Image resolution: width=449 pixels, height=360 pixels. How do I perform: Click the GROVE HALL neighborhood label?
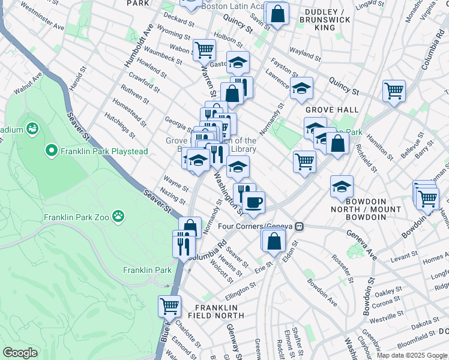(x=332, y=110)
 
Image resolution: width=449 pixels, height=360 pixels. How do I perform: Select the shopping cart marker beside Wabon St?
(x=204, y=49)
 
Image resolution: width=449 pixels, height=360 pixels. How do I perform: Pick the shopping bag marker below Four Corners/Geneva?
(x=274, y=241)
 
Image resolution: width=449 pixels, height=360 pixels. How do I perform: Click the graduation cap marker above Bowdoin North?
(x=342, y=186)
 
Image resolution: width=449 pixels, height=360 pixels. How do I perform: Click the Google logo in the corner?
(x=20, y=352)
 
